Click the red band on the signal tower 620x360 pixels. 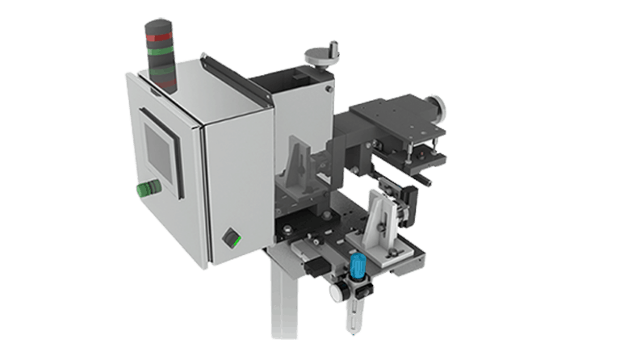[157, 37]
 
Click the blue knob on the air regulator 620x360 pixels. [355, 263]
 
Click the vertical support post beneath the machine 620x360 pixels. [284, 298]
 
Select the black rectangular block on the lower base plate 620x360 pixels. [313, 267]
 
